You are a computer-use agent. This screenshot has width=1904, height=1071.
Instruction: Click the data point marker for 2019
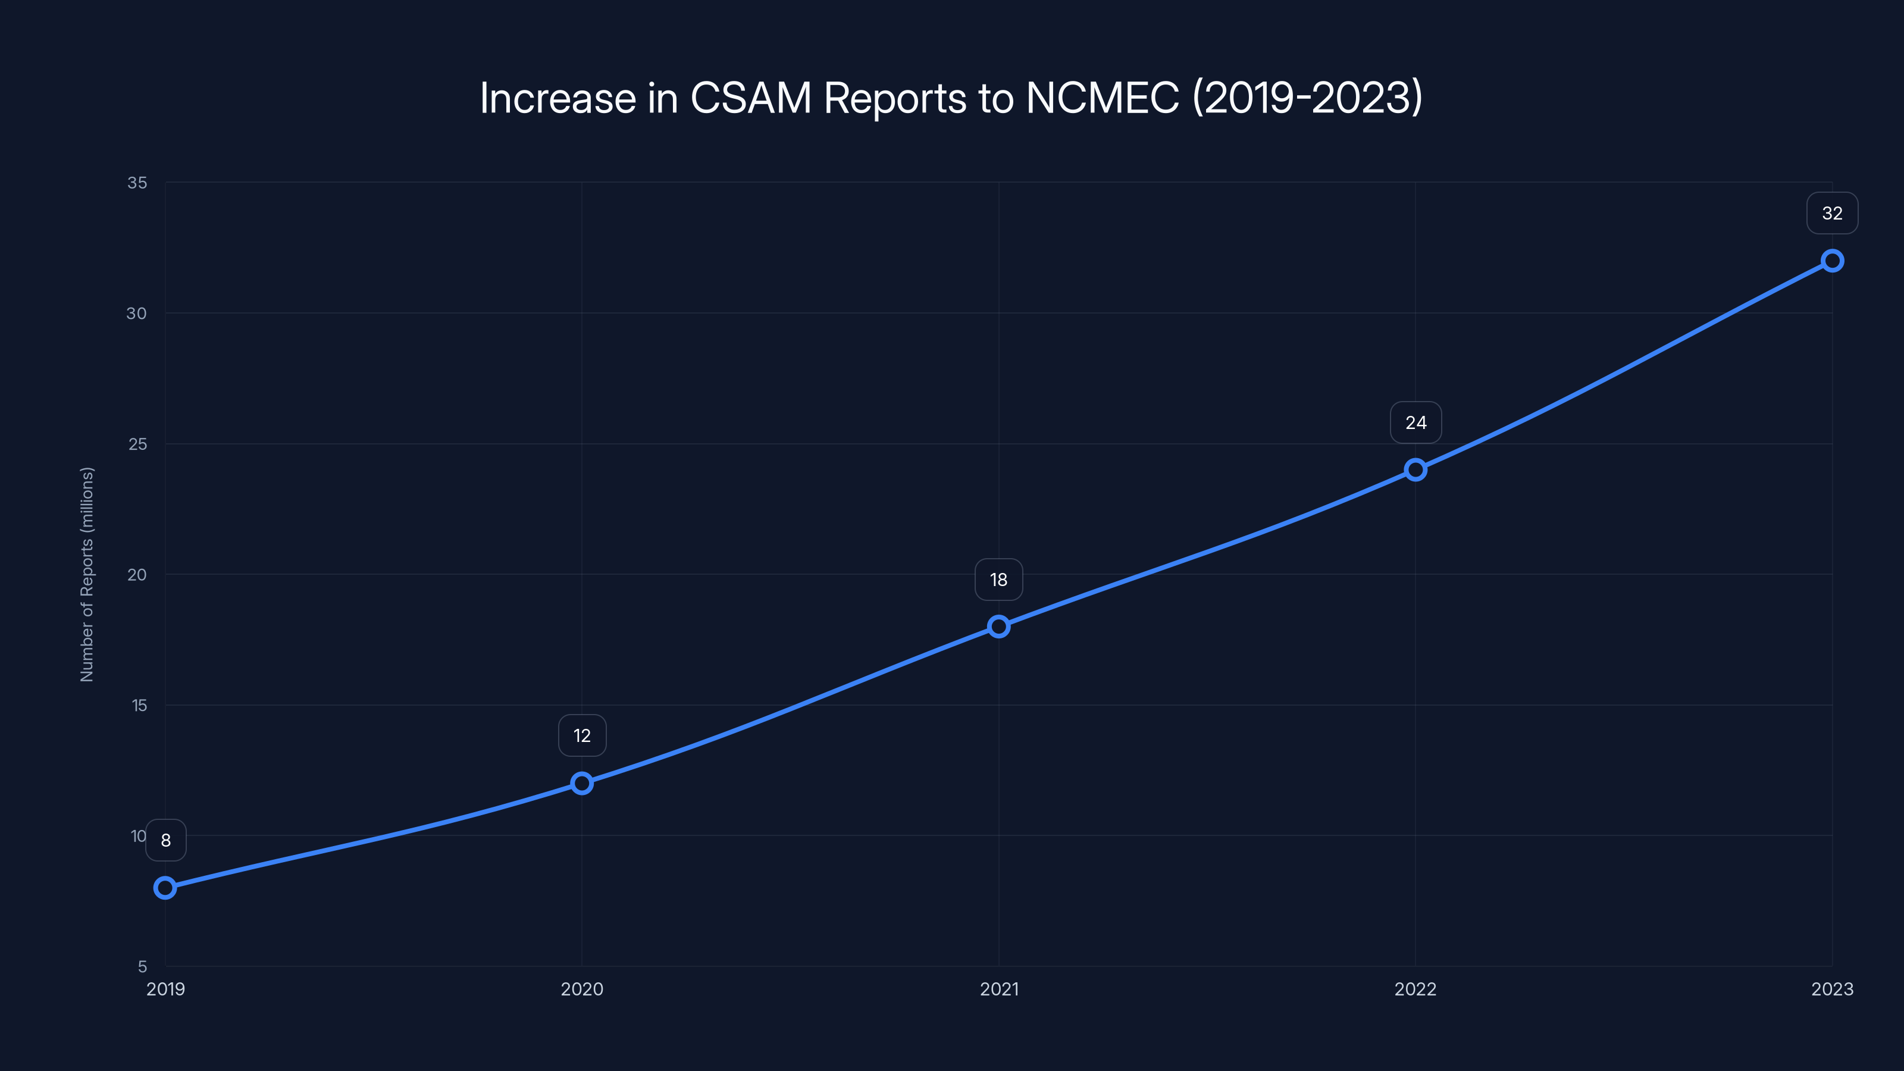click(x=165, y=888)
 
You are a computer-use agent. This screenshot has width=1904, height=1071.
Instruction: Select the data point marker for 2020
click(x=582, y=783)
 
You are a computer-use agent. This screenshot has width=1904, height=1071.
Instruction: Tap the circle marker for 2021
click(x=998, y=626)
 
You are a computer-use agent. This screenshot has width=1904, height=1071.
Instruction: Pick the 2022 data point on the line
click(x=1416, y=469)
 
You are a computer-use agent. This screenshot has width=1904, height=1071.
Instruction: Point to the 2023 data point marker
click(x=1833, y=260)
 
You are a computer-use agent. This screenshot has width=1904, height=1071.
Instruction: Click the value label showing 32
click(x=1833, y=213)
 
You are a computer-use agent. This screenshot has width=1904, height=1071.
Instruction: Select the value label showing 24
click(x=1416, y=423)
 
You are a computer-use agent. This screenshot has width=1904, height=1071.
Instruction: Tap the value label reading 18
click(x=998, y=580)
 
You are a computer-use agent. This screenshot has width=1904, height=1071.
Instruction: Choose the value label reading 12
click(x=582, y=735)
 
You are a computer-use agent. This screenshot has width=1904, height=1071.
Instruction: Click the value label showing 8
click(x=165, y=840)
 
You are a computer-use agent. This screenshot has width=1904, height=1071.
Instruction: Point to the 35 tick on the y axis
click(x=137, y=183)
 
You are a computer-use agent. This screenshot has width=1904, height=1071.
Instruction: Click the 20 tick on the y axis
click(x=137, y=574)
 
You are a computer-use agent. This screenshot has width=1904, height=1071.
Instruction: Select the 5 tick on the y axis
click(x=142, y=966)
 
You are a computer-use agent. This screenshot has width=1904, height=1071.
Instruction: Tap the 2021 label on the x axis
click(x=998, y=989)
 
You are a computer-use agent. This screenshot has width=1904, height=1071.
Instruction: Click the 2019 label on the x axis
click(x=165, y=989)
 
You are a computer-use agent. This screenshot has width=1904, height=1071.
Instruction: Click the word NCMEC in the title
click(x=1102, y=98)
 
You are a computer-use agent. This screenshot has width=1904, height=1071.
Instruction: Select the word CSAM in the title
click(x=750, y=98)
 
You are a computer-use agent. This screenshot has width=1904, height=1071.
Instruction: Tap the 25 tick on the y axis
click(x=137, y=443)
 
